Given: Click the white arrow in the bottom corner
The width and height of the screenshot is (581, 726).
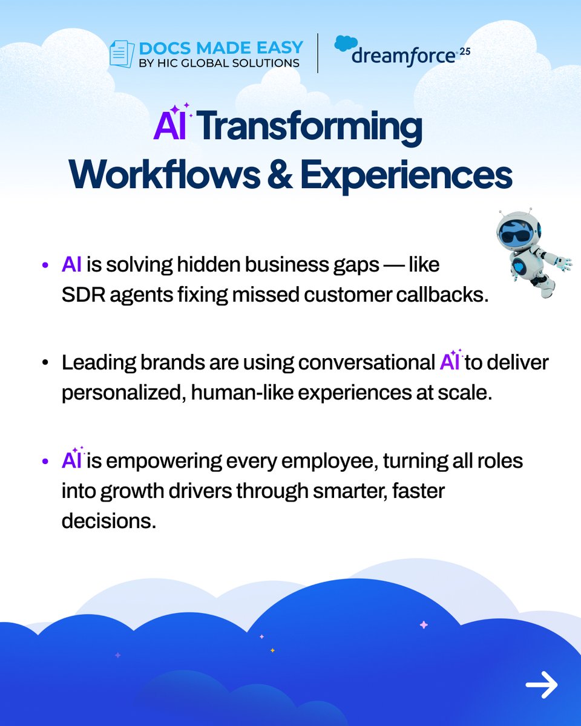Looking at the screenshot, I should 541,685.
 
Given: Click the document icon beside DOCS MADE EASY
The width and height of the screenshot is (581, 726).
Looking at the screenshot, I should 121,54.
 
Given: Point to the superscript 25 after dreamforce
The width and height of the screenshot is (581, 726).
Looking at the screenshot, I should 464,52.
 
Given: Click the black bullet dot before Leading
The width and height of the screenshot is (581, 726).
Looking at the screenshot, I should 46,364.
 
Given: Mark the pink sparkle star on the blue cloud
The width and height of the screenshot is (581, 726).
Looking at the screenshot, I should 424,625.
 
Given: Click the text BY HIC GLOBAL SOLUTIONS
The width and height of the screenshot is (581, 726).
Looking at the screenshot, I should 220,63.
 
